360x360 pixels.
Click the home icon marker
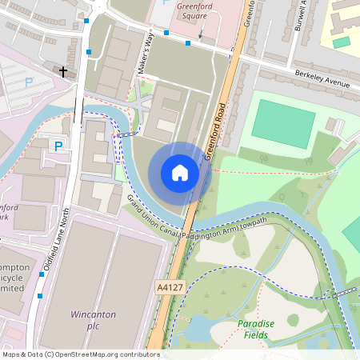coord(180,173)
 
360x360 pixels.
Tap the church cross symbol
coord(63,71)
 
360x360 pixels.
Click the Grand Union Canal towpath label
coord(197,218)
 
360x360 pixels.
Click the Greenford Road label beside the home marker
coord(217,130)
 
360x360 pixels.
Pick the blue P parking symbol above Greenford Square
coord(165,2)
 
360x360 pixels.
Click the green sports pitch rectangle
coord(283,123)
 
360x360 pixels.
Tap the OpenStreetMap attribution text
coord(80,354)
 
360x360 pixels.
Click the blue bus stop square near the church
coord(89,52)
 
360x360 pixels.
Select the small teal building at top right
coord(342,42)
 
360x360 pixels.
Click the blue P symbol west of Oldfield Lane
coord(58,146)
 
